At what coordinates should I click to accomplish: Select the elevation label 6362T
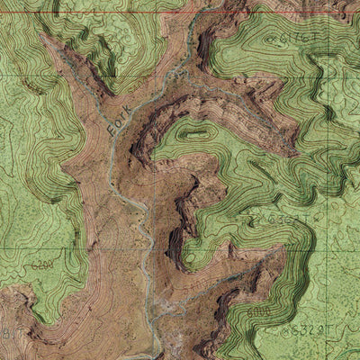click(x=283, y=218)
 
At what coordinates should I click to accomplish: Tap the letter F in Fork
click(x=112, y=131)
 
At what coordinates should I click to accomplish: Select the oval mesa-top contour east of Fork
click(x=193, y=132)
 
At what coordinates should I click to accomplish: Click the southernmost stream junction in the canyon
click(x=158, y=310)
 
